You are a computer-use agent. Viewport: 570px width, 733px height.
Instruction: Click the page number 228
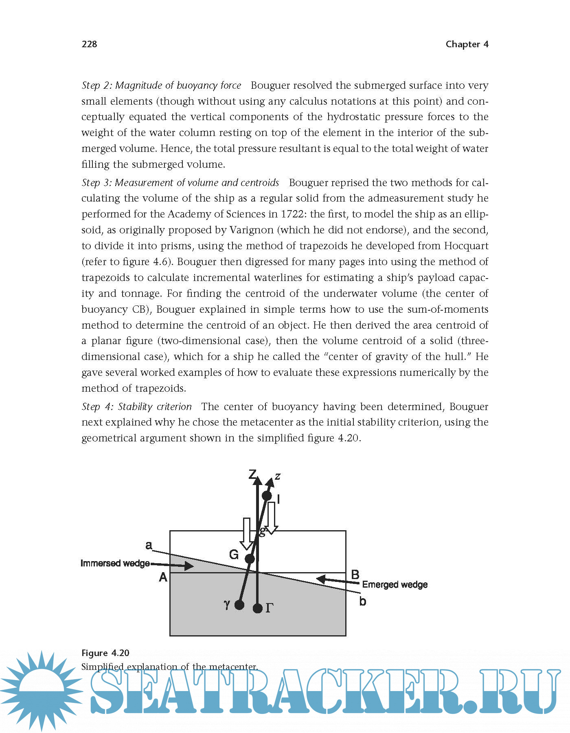[x=89, y=44]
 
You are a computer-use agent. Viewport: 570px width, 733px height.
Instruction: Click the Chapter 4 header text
[x=467, y=44]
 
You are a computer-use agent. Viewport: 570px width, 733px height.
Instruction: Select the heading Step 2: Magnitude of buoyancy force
[x=161, y=86]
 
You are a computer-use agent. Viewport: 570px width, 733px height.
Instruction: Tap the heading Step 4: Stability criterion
[x=136, y=406]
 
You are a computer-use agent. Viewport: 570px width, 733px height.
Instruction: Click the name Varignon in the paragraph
[x=251, y=230]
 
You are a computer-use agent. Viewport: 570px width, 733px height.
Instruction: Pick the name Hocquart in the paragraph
[x=466, y=246]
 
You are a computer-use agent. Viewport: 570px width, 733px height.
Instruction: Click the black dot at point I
[x=267, y=496]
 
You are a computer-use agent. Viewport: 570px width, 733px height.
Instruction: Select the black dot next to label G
[x=250, y=559]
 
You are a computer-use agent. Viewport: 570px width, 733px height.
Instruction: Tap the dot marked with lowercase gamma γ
[x=239, y=605]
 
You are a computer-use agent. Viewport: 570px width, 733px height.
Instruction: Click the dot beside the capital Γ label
[x=257, y=608]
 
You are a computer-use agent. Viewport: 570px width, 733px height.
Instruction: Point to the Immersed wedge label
[x=115, y=564]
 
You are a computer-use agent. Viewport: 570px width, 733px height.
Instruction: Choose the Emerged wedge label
[x=395, y=585]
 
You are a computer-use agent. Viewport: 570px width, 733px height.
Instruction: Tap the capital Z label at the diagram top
[x=252, y=474]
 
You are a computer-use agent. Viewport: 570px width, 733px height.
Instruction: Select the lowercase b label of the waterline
[x=362, y=601]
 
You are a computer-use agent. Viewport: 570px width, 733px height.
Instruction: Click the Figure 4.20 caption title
[x=105, y=653]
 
